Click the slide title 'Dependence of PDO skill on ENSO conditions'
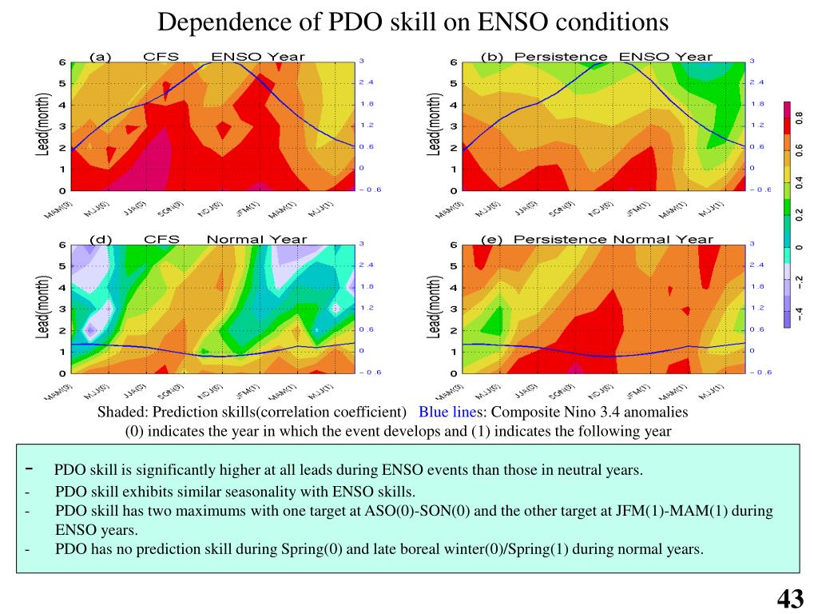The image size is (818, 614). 412,22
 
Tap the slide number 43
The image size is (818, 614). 789,598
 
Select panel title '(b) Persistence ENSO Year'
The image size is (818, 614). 597,56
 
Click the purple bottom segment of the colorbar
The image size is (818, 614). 787,318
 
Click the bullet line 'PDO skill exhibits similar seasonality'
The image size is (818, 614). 236,492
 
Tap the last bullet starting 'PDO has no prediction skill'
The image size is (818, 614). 379,549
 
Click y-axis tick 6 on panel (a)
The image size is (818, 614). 62,62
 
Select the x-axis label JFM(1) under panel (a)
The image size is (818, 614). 250,208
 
